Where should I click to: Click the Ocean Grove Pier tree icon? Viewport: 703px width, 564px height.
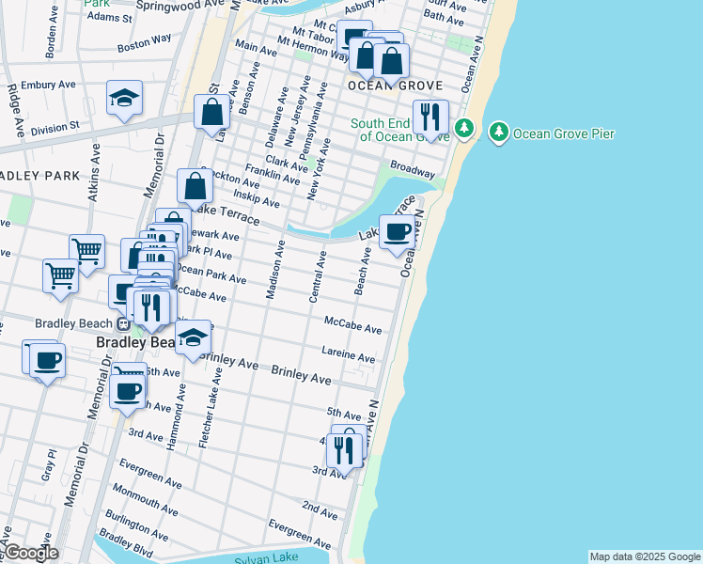[498, 133]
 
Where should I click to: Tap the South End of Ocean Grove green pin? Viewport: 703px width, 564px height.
[462, 128]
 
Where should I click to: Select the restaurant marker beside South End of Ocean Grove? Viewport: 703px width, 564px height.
[430, 117]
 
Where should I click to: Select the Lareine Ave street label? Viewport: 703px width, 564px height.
[349, 355]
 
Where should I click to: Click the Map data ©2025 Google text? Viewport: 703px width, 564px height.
[643, 556]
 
